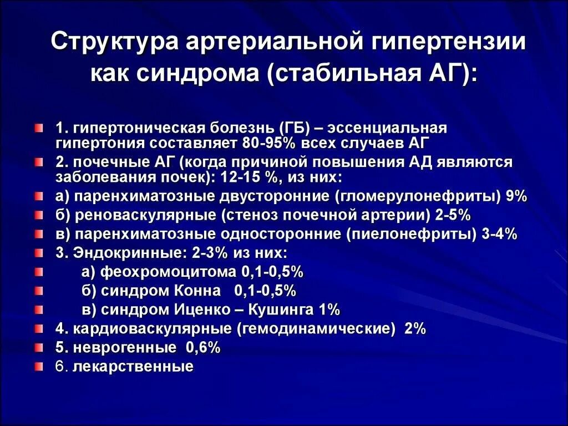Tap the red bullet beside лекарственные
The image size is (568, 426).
coord(38,366)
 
